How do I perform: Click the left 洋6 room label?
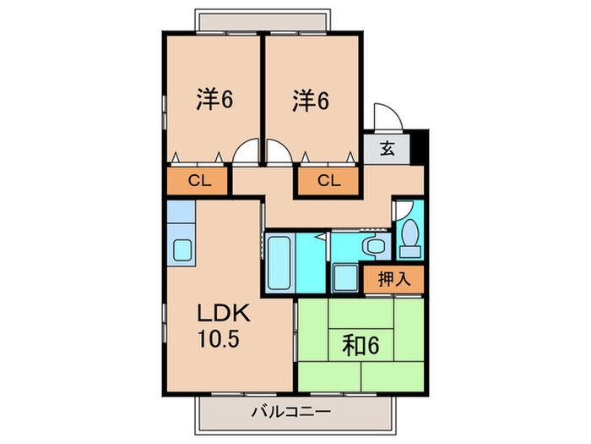(x=214, y=101)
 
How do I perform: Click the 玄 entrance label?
(x=387, y=150)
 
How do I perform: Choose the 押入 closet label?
(x=393, y=278)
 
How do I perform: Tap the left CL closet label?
(x=198, y=180)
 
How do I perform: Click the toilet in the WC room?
(x=410, y=236)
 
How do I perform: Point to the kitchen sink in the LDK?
(x=182, y=249)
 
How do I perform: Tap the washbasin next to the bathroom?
(x=373, y=246)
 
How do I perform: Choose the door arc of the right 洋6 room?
(x=278, y=151)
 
